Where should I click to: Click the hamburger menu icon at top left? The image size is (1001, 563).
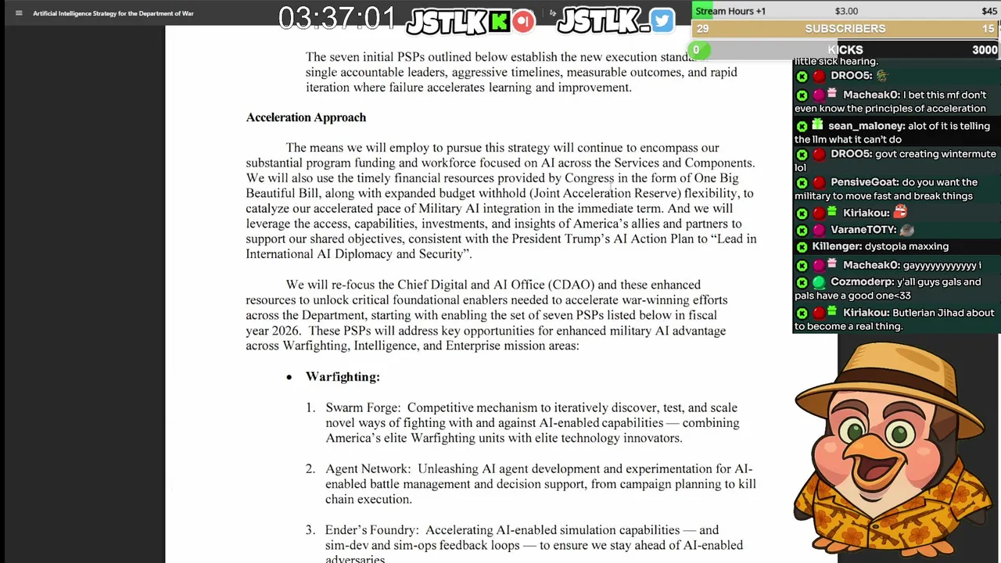[x=19, y=13]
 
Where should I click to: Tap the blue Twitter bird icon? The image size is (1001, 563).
[x=662, y=21]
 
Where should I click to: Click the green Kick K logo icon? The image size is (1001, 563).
[x=498, y=22]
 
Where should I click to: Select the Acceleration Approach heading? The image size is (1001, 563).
[x=306, y=117]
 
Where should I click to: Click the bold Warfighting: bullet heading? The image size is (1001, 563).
[x=343, y=377]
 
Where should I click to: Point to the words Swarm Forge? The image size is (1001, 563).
[x=363, y=407]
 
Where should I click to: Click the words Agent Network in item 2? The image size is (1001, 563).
[x=368, y=469]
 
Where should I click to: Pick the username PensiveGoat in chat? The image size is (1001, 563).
[x=865, y=182]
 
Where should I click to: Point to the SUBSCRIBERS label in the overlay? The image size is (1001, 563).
[x=845, y=29]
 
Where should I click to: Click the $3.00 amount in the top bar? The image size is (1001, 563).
[x=846, y=11]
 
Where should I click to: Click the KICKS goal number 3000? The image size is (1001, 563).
[x=985, y=50]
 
